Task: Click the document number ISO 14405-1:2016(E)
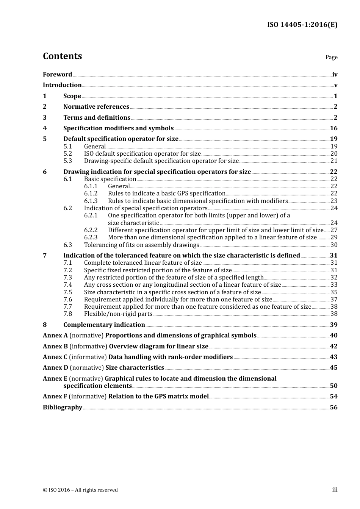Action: pos(302,25)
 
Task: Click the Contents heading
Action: pos(62,56)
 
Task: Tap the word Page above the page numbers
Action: pos(331,57)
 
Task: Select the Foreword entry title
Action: pos(57,75)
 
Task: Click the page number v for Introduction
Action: pos(335,85)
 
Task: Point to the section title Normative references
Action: pos(96,107)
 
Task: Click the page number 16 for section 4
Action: pos(333,128)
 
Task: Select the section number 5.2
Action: pos(67,154)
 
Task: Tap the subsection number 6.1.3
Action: pos(91,201)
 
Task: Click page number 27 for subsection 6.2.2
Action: pos(333,230)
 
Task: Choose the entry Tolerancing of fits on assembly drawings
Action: pos(141,245)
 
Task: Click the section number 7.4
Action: pos(67,285)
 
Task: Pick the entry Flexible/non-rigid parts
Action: pos(118,314)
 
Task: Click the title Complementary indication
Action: pos(104,325)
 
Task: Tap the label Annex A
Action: pos(55,336)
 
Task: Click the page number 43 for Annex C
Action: pos(333,357)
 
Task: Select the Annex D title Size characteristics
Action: pos(135,368)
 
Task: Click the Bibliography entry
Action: pos(63,408)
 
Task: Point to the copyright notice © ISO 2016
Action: pos(80,490)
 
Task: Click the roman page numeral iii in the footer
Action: pos(335,490)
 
